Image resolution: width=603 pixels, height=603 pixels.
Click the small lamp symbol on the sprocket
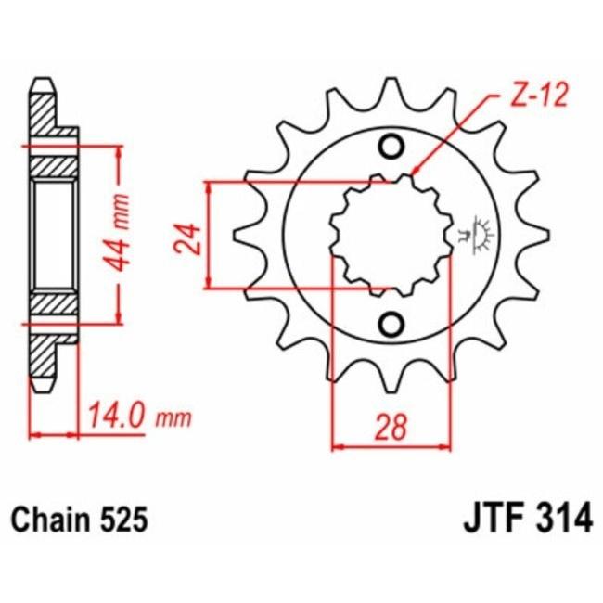click(x=481, y=233)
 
